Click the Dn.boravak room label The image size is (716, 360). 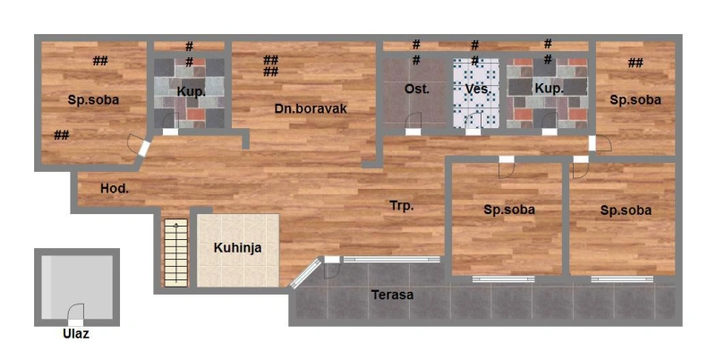pos(311,108)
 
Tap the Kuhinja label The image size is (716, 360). pos(237,248)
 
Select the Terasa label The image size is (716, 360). pos(392,295)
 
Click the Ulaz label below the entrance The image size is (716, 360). pos(76,334)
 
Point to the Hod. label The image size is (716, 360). pos(115,188)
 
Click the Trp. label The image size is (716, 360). pos(401,206)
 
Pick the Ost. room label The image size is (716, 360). pos(416,89)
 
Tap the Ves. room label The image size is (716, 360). pos(478,89)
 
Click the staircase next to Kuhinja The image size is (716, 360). pos(175,253)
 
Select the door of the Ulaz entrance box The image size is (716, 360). pos(76,314)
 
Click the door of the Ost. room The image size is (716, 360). pos(413,124)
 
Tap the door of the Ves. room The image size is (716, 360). pos(473,124)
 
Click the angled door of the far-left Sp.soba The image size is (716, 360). pos(140,146)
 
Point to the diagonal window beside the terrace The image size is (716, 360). pos(305,273)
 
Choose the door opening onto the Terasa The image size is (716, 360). pos(331,267)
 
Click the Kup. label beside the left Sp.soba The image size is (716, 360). pos(191,91)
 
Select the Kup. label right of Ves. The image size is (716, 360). pos(549,89)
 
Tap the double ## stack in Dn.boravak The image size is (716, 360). pos(270,65)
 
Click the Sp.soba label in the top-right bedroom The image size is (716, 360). pos(635,100)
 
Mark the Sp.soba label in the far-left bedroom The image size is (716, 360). pos(93,100)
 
